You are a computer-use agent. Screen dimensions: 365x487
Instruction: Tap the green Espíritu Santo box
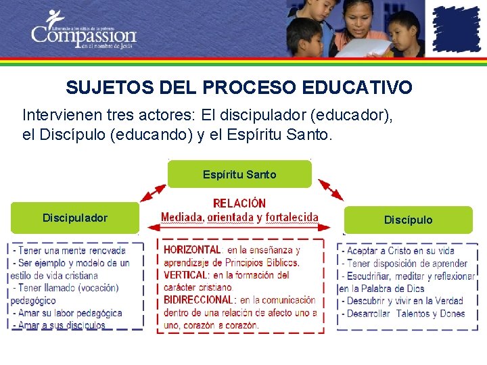click(x=239, y=174)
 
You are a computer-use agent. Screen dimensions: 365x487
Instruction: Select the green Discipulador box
click(x=74, y=218)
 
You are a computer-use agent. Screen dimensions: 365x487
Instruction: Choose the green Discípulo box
click(x=408, y=220)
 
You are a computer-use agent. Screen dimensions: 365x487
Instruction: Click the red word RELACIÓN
click(x=239, y=203)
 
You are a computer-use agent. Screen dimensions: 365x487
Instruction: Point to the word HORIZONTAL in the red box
click(x=192, y=250)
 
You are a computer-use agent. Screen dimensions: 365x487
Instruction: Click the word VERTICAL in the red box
click(x=185, y=275)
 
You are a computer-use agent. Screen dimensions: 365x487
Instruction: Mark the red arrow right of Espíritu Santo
click(x=330, y=189)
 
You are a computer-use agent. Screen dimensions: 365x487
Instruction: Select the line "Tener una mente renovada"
click(x=70, y=251)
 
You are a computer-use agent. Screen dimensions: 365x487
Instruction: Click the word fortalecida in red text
click(x=292, y=217)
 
